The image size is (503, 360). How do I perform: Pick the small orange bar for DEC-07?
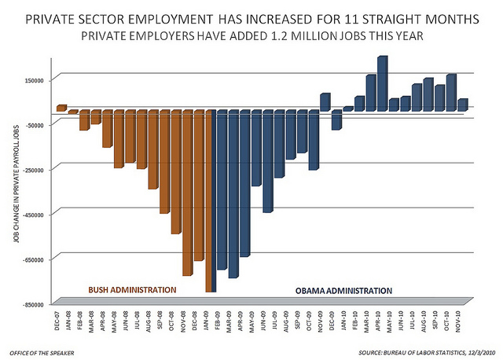(x=61, y=108)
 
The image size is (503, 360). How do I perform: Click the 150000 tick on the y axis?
(x=38, y=79)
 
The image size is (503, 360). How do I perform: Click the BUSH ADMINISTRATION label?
(x=132, y=290)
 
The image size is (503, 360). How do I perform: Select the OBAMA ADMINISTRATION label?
(x=343, y=290)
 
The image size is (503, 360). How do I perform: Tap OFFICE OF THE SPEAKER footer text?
(x=42, y=349)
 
